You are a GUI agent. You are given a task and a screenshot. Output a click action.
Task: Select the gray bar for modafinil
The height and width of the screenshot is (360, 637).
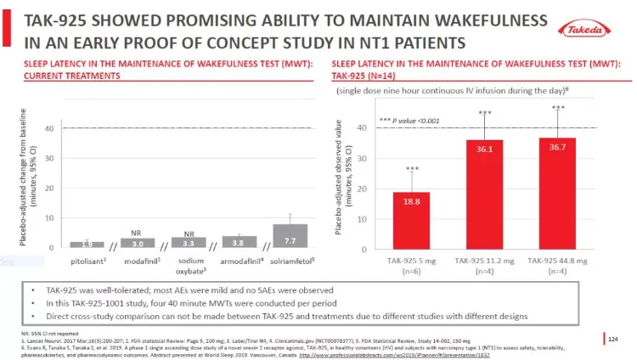tap(137, 243)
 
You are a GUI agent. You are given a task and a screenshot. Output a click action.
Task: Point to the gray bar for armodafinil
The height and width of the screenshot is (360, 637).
tap(239, 242)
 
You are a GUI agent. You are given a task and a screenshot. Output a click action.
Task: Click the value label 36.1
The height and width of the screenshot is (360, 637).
tap(485, 149)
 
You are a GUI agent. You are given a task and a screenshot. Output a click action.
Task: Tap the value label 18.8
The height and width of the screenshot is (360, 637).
tap(411, 201)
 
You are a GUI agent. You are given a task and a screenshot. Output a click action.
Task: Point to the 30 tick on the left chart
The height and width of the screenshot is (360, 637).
tap(48, 159)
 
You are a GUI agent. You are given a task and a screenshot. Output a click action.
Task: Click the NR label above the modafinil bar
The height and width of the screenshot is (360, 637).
tap(136, 232)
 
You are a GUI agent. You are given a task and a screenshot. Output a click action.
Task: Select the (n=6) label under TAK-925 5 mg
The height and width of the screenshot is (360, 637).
tap(411, 273)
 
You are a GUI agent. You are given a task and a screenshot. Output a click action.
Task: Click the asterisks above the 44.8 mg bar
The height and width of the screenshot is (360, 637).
tap(558, 109)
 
